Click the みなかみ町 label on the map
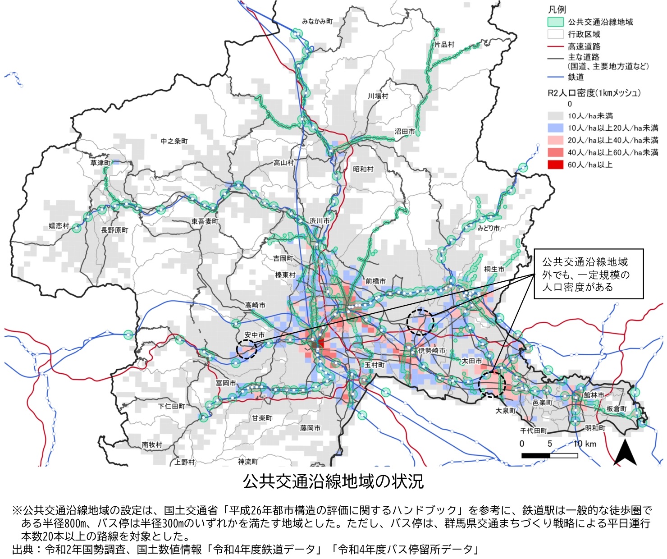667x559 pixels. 317,22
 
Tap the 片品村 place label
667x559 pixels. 444,44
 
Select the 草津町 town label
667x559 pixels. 100,163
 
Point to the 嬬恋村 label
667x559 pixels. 59,225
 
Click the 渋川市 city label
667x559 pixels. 320,221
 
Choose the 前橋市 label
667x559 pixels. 375,281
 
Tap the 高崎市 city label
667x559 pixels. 255,305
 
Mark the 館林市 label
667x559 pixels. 594,395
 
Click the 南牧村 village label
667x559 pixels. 152,444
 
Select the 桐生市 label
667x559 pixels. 494,269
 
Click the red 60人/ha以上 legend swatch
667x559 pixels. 556,165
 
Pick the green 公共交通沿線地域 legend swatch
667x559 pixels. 556,22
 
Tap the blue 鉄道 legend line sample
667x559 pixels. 556,77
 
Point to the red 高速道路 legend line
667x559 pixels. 556,46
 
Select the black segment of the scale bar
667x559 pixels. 535,455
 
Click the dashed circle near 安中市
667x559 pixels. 247,349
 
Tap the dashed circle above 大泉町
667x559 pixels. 492,384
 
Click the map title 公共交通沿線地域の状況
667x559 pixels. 333,481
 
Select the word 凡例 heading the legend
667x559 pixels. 557,9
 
